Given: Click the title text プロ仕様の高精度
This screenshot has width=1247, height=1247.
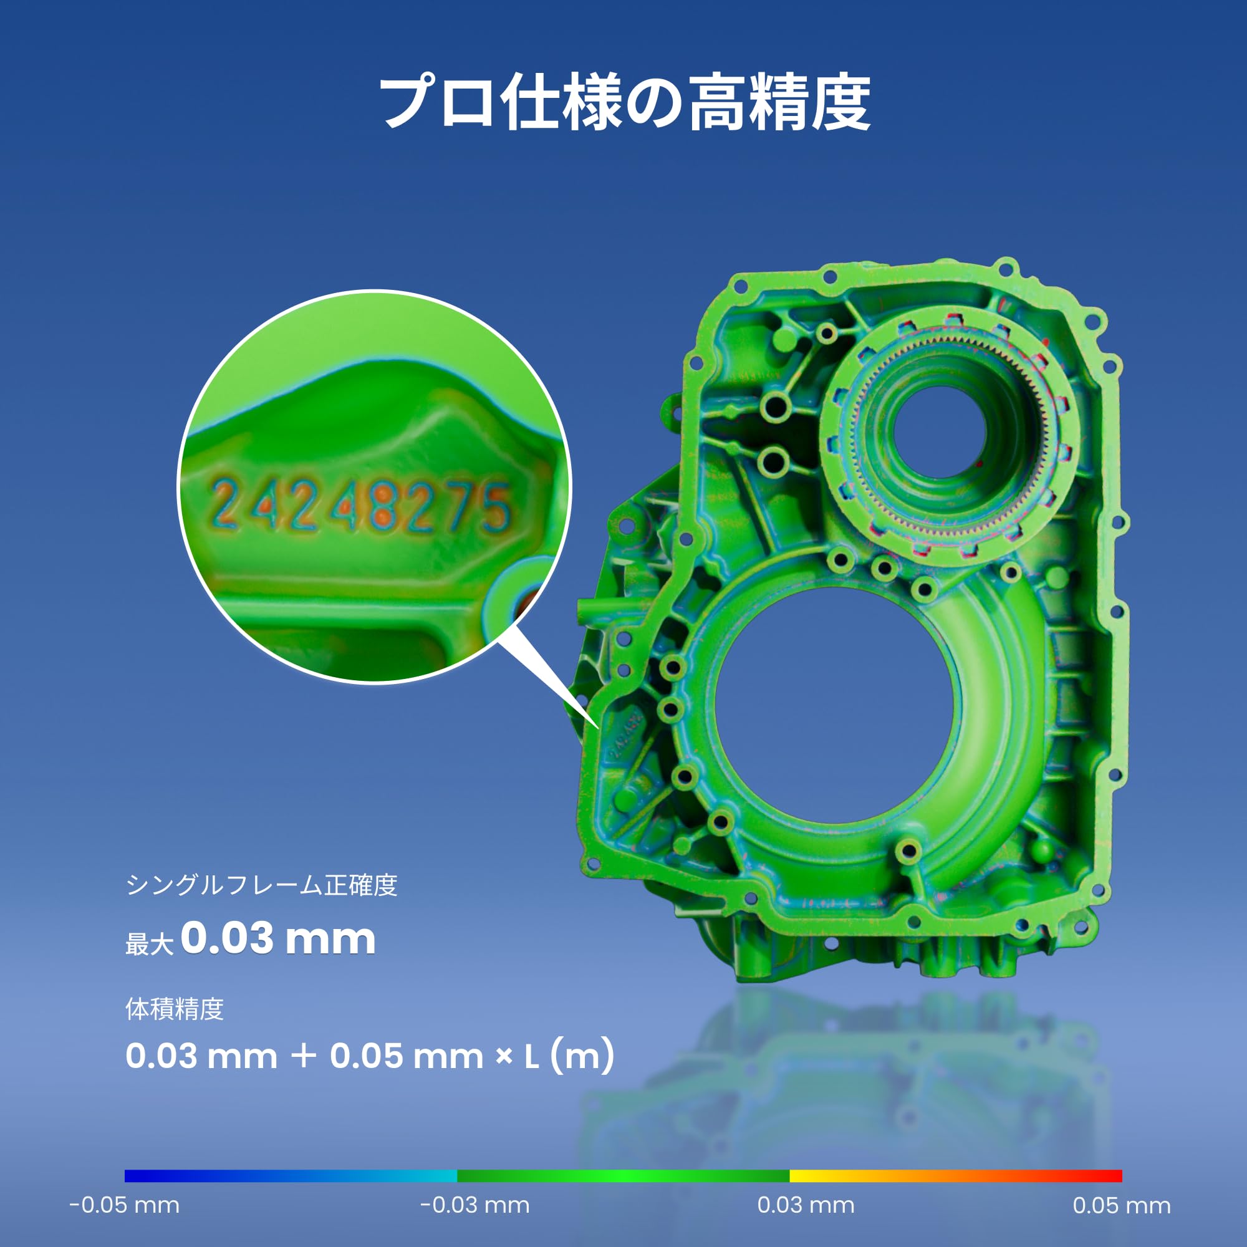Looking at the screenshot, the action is coord(623,102).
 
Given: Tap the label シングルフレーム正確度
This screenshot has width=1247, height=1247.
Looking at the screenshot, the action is coord(261,885).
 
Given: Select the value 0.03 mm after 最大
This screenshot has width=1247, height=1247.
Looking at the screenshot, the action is coord(278,938).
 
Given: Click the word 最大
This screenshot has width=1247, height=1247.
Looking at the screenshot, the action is coord(150,943).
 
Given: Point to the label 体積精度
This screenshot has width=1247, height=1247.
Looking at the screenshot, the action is coord(175,1009).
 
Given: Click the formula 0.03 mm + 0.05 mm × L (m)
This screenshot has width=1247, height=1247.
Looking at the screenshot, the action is coord(369,1057).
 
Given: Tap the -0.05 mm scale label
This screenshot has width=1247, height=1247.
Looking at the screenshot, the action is coord(125,1205).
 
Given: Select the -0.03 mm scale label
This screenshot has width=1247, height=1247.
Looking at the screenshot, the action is coord(475,1205).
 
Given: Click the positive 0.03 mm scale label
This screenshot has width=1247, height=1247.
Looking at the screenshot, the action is coord(806,1205).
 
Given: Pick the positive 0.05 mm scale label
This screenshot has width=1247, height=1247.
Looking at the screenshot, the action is coord(1122,1205).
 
